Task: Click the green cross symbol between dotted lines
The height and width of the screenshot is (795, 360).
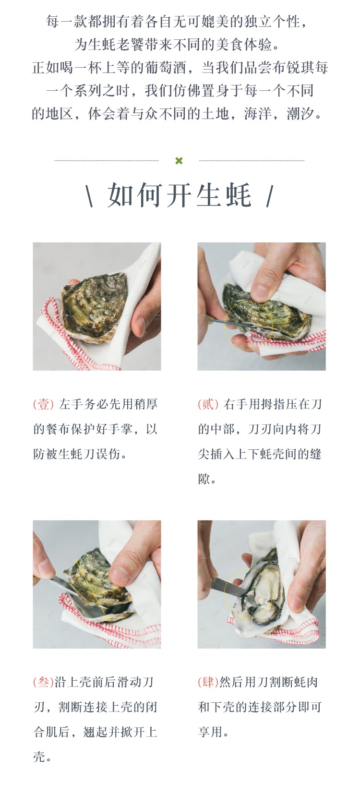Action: (x=179, y=161)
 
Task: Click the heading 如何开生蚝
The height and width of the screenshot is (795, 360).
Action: (x=180, y=195)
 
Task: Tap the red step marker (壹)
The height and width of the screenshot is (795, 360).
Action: (x=43, y=404)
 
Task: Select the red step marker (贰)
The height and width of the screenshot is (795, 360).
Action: (x=208, y=404)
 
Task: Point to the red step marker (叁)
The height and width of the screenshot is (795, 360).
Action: (x=43, y=682)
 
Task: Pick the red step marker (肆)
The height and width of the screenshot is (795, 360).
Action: (x=208, y=682)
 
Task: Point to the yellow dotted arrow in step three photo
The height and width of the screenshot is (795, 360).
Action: (x=91, y=590)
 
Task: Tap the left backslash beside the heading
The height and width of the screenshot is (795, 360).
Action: (x=90, y=196)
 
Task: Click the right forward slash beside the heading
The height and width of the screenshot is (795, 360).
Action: (x=270, y=196)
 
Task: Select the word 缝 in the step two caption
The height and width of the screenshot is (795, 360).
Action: (x=315, y=454)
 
